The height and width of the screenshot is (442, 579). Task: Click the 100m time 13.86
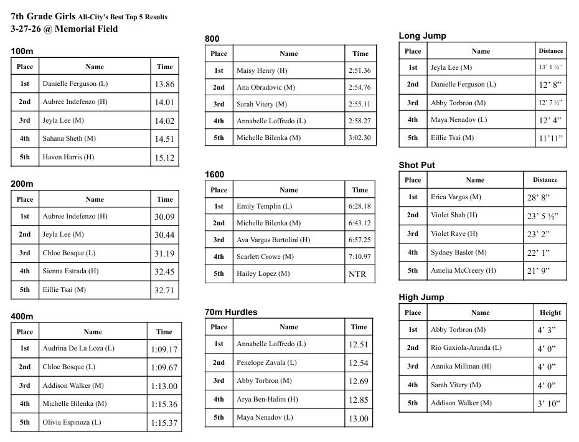(x=164, y=85)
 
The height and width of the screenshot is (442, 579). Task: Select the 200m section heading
(x=22, y=184)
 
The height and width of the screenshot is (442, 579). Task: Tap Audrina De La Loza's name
(x=78, y=349)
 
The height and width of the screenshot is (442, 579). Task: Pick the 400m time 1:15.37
(x=164, y=423)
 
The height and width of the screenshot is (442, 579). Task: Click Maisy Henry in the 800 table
(x=262, y=71)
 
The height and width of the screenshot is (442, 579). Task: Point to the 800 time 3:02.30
(x=360, y=138)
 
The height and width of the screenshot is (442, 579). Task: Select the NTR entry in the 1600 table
(x=357, y=274)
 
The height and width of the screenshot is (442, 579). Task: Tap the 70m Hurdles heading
(x=231, y=312)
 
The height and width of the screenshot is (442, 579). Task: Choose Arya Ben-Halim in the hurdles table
(x=267, y=399)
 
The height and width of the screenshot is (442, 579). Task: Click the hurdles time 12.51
(x=359, y=344)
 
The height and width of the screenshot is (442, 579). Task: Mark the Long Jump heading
(x=422, y=36)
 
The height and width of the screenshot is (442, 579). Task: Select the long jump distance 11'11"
(x=551, y=139)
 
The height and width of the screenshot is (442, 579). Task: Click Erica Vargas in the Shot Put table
(x=456, y=197)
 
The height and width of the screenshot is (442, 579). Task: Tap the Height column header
(x=550, y=313)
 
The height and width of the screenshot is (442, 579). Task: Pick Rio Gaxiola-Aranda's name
(x=466, y=347)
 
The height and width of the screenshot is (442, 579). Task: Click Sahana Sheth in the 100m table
(x=69, y=138)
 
